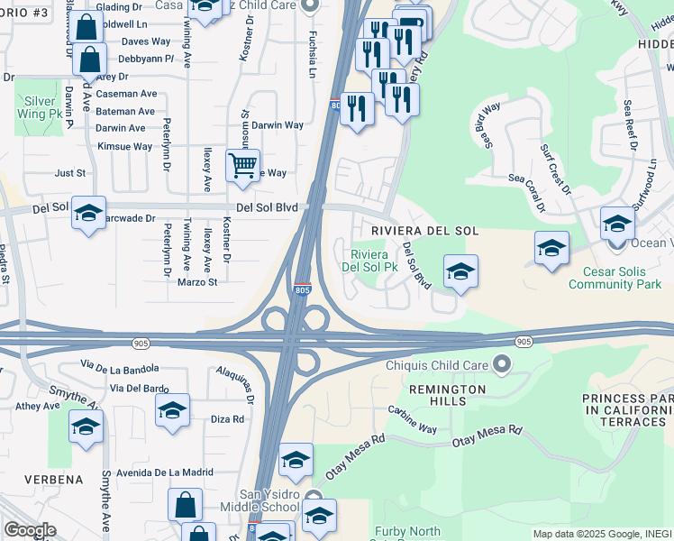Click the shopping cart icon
pos(242,165)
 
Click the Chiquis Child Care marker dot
pos(502,365)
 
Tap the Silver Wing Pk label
pos(40,108)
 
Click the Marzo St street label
pos(197,282)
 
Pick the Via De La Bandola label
pos(119,368)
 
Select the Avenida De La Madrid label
pos(163,472)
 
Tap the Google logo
pos(30,530)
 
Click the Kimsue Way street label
pos(124,146)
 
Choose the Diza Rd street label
pos(227,419)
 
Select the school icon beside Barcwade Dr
pos(88,214)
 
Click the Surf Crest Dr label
pos(556,169)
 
